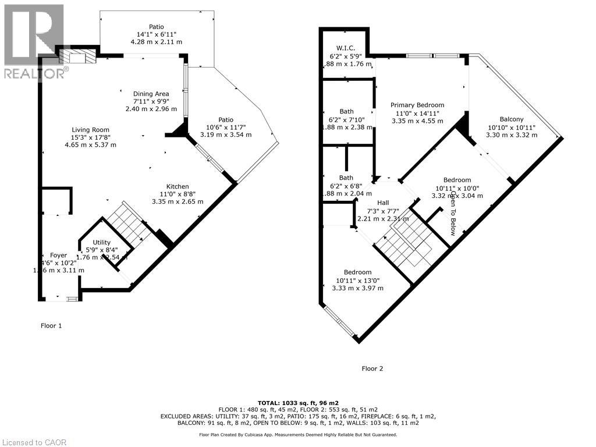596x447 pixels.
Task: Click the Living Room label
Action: coord(90,130)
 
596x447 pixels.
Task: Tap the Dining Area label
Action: coord(151,94)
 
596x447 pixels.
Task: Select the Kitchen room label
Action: coord(178,186)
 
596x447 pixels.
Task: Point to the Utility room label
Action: coord(94,242)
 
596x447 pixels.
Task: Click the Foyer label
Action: coord(59,255)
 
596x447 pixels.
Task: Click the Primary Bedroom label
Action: coord(417,105)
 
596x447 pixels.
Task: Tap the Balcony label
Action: coord(511,119)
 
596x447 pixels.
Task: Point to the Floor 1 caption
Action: coord(51,325)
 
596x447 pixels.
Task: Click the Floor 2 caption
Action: coord(372,368)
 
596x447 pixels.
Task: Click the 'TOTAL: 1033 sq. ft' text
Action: coord(297,403)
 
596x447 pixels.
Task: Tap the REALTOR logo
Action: coord(33,41)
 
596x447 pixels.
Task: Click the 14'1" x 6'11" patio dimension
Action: coord(155,34)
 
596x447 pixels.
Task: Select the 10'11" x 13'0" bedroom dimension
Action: coord(357,280)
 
